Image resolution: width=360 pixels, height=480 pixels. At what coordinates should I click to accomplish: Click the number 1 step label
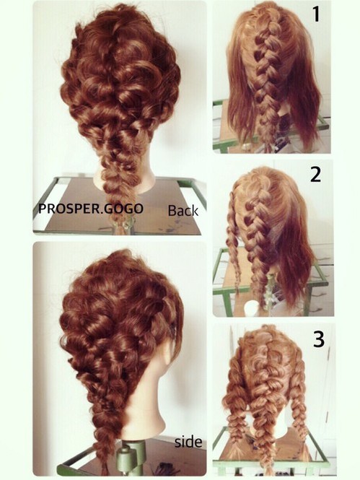tap(317, 14)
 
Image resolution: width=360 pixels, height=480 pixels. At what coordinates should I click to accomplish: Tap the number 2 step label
tap(316, 175)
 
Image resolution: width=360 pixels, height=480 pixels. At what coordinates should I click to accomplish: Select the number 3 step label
tap(319, 339)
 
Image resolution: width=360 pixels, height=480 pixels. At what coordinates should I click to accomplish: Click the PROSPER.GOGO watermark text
tap(91, 209)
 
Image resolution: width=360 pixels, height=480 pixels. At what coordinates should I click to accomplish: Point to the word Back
tap(183, 211)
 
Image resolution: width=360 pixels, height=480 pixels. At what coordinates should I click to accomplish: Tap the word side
tap(188, 442)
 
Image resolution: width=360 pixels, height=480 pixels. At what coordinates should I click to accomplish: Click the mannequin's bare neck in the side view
tap(144, 407)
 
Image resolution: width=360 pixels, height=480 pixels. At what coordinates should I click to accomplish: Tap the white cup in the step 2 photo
tap(252, 307)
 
